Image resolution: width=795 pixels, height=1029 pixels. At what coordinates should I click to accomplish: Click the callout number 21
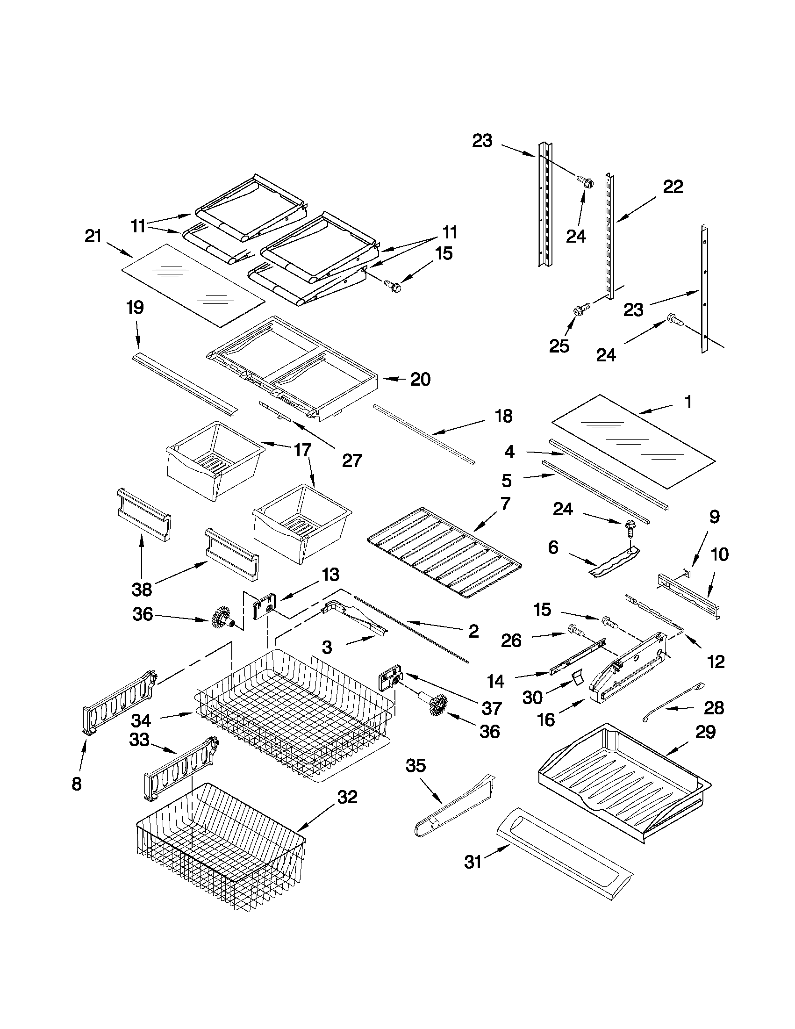(93, 236)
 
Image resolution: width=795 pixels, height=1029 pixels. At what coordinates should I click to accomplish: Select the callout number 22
(673, 187)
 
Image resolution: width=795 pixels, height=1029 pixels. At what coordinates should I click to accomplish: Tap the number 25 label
(559, 346)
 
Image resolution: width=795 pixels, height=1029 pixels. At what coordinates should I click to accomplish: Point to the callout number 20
(420, 379)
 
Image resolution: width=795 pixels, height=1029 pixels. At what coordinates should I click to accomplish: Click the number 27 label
(352, 461)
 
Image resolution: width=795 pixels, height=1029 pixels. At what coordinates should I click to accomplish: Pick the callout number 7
(505, 504)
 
